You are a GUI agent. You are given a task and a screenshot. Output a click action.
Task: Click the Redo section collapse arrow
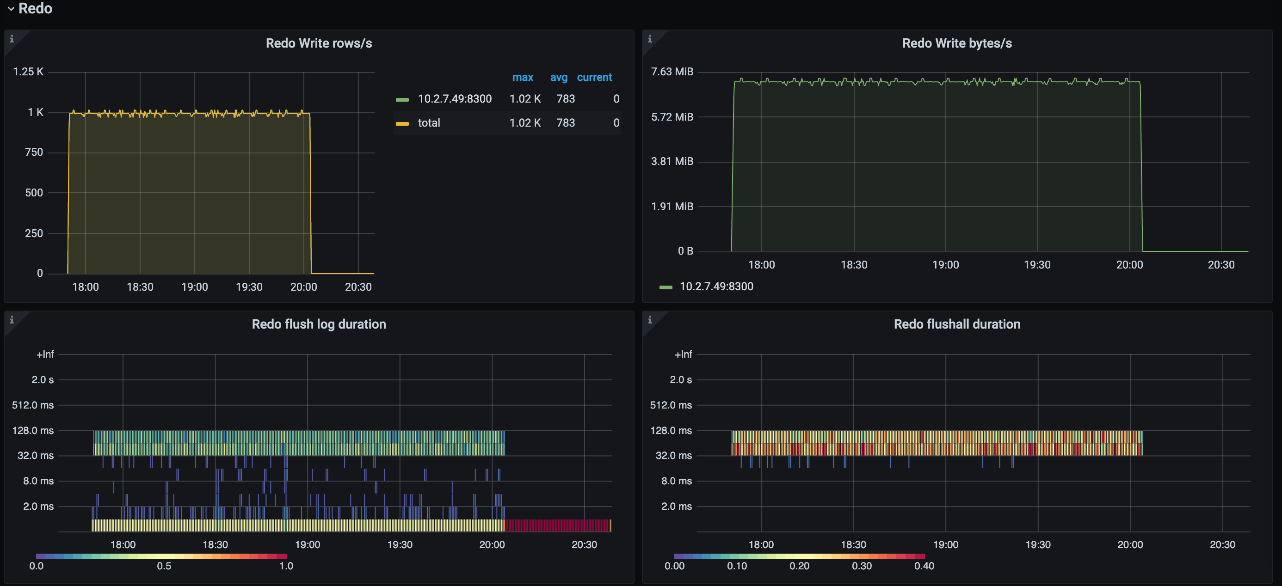(x=11, y=8)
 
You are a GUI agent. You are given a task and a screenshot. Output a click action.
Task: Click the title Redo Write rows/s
(x=319, y=43)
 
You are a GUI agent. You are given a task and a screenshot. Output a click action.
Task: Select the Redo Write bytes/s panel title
(x=956, y=43)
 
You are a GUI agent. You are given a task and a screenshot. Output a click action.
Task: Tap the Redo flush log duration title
(x=319, y=324)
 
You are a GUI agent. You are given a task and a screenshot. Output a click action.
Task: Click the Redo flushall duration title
(x=956, y=324)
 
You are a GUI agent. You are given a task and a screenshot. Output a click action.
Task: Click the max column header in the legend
(x=523, y=77)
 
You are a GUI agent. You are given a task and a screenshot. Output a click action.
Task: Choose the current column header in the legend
(x=594, y=77)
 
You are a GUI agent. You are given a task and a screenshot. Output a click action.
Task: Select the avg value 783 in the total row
(x=565, y=122)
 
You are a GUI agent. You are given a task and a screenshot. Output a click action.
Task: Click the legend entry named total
(x=429, y=122)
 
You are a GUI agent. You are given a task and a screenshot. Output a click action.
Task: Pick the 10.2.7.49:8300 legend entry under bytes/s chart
(x=716, y=286)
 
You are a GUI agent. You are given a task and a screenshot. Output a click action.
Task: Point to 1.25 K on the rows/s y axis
(x=28, y=72)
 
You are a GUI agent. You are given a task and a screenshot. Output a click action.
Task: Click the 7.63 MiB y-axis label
(x=672, y=72)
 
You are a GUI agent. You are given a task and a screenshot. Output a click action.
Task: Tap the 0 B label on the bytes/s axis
(x=685, y=251)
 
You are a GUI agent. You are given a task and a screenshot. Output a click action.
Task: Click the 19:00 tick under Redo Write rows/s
(x=195, y=287)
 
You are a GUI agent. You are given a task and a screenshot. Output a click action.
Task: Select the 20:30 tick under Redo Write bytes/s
(x=1221, y=265)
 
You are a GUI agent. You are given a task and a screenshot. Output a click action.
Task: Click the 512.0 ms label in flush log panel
(x=33, y=405)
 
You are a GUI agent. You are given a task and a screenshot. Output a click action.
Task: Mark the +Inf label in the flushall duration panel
(x=683, y=354)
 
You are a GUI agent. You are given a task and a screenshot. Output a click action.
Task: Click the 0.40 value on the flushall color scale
(x=924, y=566)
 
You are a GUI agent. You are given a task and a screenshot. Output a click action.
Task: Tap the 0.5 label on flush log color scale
(x=164, y=566)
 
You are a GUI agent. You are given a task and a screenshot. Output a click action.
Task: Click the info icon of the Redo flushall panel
(x=650, y=319)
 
